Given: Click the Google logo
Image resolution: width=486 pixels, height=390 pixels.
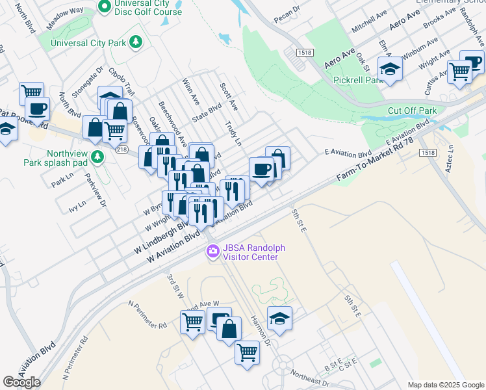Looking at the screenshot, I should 21,382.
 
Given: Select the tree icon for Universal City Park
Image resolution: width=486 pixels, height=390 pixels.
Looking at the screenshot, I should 136,43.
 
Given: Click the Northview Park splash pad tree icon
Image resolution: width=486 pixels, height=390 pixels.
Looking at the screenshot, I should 97,157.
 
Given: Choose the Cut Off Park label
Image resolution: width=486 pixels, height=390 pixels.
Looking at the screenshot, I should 412,110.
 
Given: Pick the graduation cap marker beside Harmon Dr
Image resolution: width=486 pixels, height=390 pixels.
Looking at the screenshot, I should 279,318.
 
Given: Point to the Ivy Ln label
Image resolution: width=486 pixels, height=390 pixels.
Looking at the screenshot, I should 77,206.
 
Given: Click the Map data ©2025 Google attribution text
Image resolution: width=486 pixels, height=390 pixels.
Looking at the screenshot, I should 445,385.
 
